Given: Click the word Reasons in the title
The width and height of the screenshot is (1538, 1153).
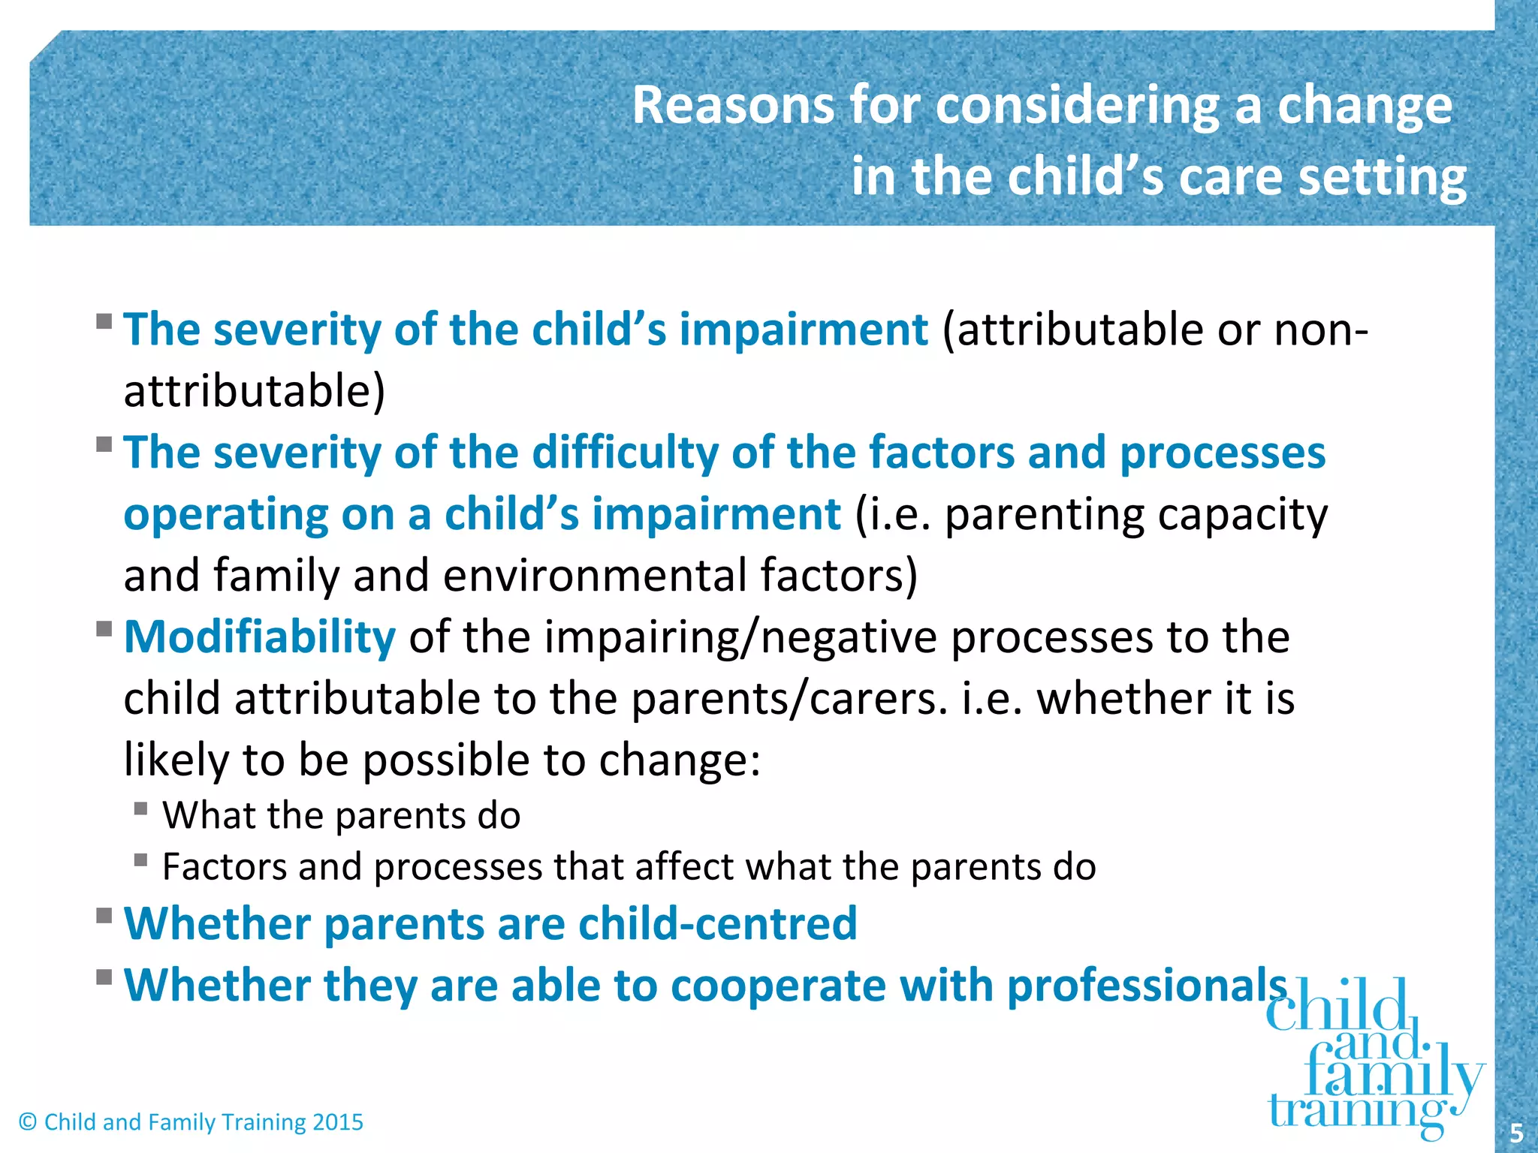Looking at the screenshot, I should click(x=732, y=105).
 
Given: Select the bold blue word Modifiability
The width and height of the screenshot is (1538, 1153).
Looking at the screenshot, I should click(x=259, y=637).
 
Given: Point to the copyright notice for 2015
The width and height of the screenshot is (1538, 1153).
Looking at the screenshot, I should click(x=191, y=1122).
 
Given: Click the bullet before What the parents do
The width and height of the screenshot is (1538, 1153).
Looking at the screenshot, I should click(x=140, y=809).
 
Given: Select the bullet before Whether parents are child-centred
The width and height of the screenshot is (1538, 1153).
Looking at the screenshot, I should click(x=104, y=916).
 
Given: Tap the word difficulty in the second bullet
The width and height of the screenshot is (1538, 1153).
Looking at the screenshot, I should click(x=625, y=453).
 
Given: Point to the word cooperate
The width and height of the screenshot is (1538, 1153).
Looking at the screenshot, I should click(x=778, y=985).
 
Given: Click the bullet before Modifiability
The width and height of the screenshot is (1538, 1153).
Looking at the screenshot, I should click(x=104, y=628).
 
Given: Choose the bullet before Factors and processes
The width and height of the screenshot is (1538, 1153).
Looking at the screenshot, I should click(x=140, y=860).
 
